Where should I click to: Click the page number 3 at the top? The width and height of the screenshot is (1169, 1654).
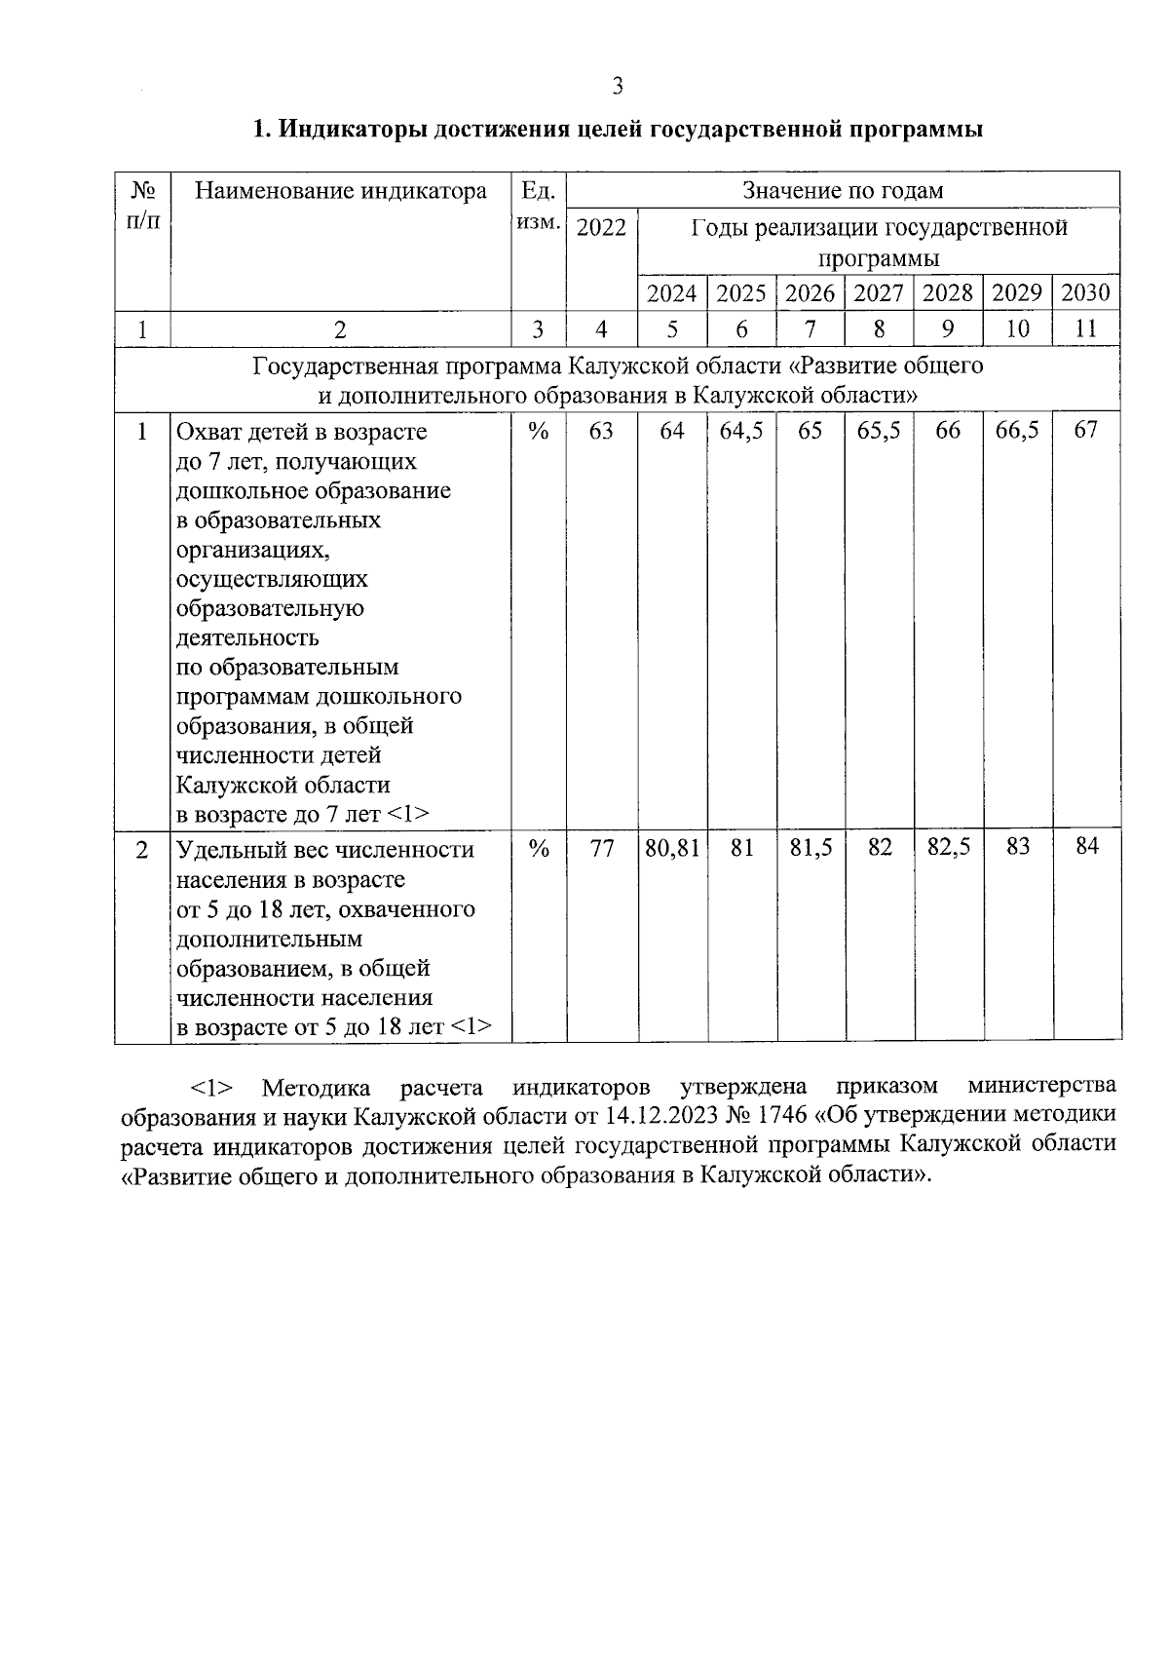[x=617, y=87]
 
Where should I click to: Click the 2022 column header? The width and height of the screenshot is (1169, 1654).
[x=602, y=227]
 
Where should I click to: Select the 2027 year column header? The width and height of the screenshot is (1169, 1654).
[x=879, y=292]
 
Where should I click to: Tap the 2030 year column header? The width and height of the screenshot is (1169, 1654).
[x=1085, y=292]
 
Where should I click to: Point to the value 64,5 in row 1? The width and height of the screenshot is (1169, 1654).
[x=741, y=431]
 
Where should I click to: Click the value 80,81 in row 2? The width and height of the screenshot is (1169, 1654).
[x=672, y=848]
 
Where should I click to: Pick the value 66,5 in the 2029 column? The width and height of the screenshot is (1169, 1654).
[x=1017, y=431]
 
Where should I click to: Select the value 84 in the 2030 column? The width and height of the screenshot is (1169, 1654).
[x=1086, y=846]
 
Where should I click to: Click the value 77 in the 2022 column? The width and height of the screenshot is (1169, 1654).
[x=602, y=848]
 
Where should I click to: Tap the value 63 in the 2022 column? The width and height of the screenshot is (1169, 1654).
[x=602, y=431]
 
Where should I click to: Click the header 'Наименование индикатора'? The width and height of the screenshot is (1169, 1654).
[x=341, y=190]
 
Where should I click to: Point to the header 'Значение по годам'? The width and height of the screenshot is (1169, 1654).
[x=843, y=190]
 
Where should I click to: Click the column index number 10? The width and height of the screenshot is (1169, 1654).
[x=1017, y=329]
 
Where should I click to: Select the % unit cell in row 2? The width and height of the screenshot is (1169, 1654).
[x=539, y=848]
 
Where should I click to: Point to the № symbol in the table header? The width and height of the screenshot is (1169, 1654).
[x=142, y=190]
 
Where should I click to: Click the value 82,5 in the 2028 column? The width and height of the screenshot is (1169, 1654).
[x=948, y=846]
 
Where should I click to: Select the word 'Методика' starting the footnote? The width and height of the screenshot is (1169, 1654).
[x=317, y=1086]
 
